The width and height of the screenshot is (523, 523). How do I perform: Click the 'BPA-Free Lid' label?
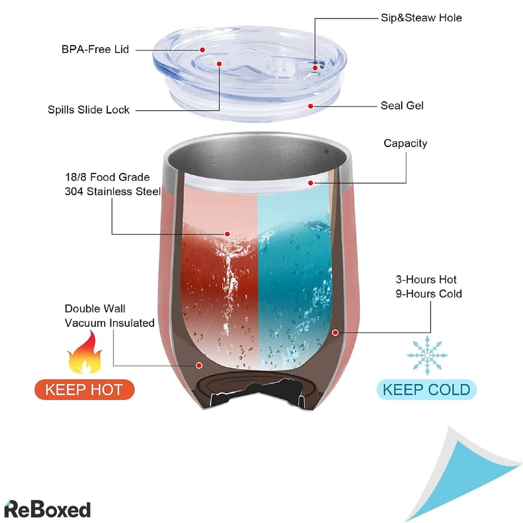(95, 49)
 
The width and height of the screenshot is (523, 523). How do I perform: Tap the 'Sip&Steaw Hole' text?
(421, 18)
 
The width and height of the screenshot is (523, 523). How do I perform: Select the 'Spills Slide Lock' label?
(88, 110)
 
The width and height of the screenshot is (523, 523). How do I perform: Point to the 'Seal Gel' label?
(402, 105)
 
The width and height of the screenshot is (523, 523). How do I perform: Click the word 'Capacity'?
(405, 143)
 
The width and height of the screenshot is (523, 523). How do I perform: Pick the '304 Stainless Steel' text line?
(112, 191)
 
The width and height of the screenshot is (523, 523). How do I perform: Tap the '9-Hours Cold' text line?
(428, 294)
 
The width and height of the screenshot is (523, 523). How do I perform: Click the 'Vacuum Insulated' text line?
(109, 323)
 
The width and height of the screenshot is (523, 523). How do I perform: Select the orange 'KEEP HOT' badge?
(84, 389)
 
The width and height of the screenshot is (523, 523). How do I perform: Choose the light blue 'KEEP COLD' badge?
(426, 389)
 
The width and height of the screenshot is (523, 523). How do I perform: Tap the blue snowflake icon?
(427, 355)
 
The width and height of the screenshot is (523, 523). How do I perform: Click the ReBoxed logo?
(47, 509)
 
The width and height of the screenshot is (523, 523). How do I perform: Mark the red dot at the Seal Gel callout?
(311, 106)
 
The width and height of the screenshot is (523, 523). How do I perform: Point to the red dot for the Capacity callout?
(310, 183)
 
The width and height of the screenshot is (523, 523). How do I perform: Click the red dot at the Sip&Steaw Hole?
(315, 68)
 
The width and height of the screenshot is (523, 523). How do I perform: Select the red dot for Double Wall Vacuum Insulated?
(199, 365)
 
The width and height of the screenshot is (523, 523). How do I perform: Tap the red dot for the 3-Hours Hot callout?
(335, 333)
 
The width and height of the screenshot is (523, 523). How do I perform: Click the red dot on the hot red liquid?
(227, 234)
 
